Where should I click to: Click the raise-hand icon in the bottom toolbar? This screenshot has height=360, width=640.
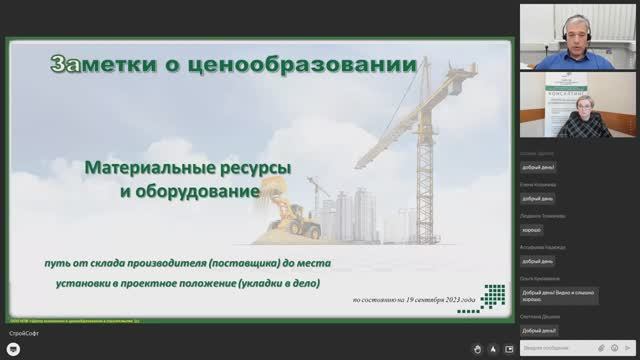(x=481, y=349)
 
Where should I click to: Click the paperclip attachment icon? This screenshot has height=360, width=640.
(x=616, y=349)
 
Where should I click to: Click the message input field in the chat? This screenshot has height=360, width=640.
(x=555, y=349)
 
